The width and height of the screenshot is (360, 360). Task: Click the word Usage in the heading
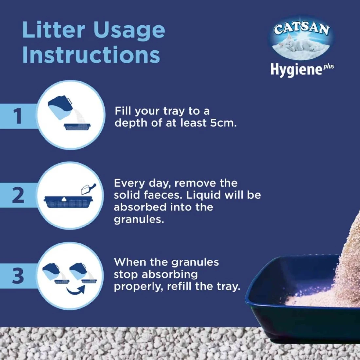tap(129, 32)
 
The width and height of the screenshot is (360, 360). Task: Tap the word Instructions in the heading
tap(91, 55)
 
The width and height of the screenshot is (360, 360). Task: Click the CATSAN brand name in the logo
tap(302, 29)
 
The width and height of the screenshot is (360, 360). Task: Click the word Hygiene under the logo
tap(296, 69)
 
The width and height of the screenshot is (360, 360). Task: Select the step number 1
tap(17, 116)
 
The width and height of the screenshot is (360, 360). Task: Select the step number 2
tap(18, 195)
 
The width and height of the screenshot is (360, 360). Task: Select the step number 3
tap(18, 276)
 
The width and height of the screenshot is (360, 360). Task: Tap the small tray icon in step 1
tap(77, 127)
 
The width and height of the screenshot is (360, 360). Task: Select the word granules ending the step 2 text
tap(139, 220)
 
